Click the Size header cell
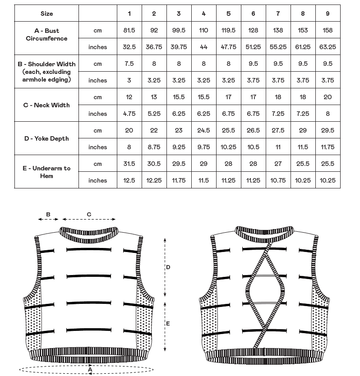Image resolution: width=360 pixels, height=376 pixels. point(46,14)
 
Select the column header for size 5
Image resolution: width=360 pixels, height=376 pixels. point(228,14)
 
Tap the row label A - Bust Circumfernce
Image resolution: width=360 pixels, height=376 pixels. point(46,35)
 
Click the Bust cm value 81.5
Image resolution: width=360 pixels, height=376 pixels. point(129,30)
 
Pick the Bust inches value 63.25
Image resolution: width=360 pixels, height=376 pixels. point(328,47)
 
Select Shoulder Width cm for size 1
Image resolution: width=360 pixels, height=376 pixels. point(129,64)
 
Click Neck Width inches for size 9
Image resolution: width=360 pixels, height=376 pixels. point(328,114)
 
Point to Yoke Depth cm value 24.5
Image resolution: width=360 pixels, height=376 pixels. point(203,130)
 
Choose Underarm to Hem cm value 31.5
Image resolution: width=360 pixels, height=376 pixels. point(129,164)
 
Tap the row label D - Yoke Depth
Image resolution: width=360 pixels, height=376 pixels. point(46,138)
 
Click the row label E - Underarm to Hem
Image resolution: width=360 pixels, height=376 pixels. point(46,172)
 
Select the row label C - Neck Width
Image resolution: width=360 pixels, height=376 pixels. point(46,105)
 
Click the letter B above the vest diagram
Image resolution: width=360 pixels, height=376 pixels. point(48,214)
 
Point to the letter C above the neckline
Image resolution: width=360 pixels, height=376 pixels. point(89,214)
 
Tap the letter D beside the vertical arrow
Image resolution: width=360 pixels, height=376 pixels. point(168,267)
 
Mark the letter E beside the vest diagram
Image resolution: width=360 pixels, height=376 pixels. point(168,324)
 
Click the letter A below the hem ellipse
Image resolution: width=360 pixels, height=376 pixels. point(90,370)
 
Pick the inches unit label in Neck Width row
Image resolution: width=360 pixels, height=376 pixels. point(97,114)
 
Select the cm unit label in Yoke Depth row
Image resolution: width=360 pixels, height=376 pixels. point(97,130)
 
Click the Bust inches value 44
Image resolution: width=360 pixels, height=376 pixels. point(203,47)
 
